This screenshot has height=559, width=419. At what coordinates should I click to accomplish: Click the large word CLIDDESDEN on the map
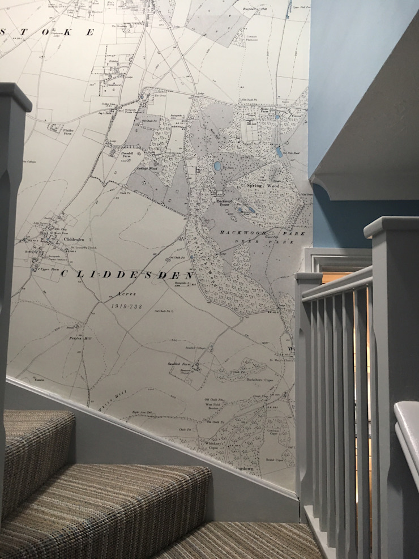click(127, 275)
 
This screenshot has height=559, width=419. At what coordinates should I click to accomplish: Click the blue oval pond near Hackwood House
click(218, 166)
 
